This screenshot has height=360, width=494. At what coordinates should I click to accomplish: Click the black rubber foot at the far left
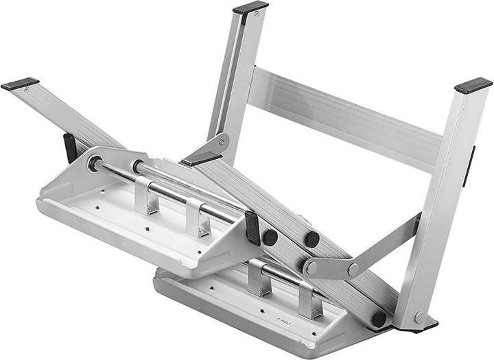pos(20,84)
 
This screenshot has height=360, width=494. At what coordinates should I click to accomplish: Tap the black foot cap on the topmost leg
pos(250,8)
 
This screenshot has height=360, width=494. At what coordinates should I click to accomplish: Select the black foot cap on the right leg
pos(473,85)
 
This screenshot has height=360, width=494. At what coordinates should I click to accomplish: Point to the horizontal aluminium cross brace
pos(343,117)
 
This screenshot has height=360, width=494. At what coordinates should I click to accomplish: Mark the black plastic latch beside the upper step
pos(252,226)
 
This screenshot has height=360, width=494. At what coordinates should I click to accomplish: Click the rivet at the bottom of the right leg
pos(419,317)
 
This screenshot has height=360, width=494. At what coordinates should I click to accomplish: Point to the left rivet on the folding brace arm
pos(311,268)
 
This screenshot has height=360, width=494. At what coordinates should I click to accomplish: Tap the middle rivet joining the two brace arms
pos(353,269)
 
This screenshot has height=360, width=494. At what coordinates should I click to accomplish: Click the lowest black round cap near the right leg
pos(378,319)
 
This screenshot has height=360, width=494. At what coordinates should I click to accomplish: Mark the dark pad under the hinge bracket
pos(201,159)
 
